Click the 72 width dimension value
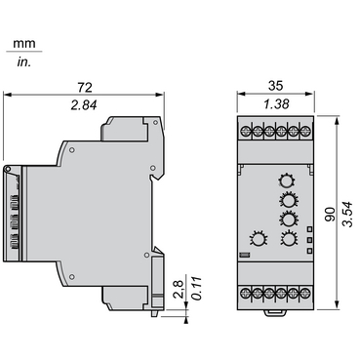pyautogui.click(x=85, y=87)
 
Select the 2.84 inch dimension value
pyautogui.click(x=84, y=105)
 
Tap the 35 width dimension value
pyautogui.click(x=275, y=86)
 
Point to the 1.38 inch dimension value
pyautogui.click(x=276, y=104)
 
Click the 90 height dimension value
pyautogui.click(x=330, y=214)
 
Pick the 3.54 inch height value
pyautogui.click(x=347, y=215)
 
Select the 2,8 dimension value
pyautogui.click(x=180, y=289)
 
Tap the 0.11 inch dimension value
pyautogui.click(x=197, y=289)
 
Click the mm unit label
pyautogui.click(x=24, y=44)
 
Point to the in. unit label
pyautogui.click(x=23, y=62)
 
